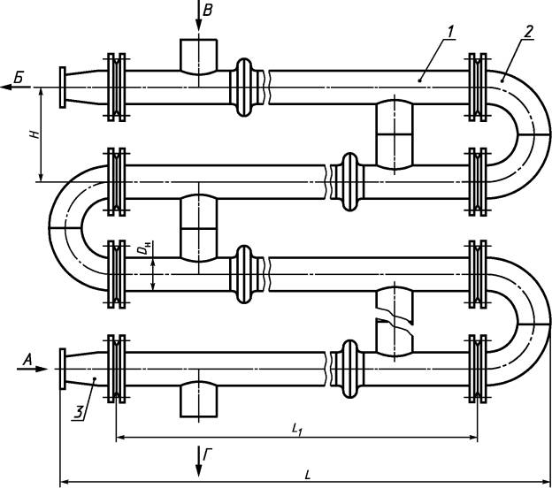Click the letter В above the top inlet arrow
[x=208, y=11]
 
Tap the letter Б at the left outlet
[x=19, y=78]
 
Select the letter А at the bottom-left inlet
[x=27, y=360]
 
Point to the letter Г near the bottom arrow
[x=208, y=454]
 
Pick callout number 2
[x=528, y=31]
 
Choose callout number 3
[x=80, y=412]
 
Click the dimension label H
[x=34, y=134]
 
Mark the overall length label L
[x=307, y=476]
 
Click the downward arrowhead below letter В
[x=198, y=24]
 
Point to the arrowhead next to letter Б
[x=7, y=87]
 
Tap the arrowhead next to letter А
[x=41, y=369]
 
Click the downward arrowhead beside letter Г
[x=198, y=469]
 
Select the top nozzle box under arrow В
[x=198, y=57]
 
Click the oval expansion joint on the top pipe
[x=243, y=88]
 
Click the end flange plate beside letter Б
[x=62, y=88]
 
